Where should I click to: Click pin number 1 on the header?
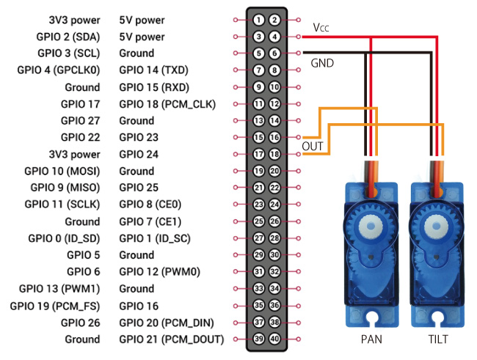259,20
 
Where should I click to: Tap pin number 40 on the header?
274,339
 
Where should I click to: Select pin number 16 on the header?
274,137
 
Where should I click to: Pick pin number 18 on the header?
274,154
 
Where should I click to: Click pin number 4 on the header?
274,37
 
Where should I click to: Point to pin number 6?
274,54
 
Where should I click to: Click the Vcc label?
321,28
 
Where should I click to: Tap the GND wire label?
322,64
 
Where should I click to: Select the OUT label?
313,147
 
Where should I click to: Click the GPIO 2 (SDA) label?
69,37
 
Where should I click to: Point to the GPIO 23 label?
139,137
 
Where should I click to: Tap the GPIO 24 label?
139,154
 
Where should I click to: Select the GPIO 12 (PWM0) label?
159,272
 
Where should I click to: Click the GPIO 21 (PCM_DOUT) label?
171,339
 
